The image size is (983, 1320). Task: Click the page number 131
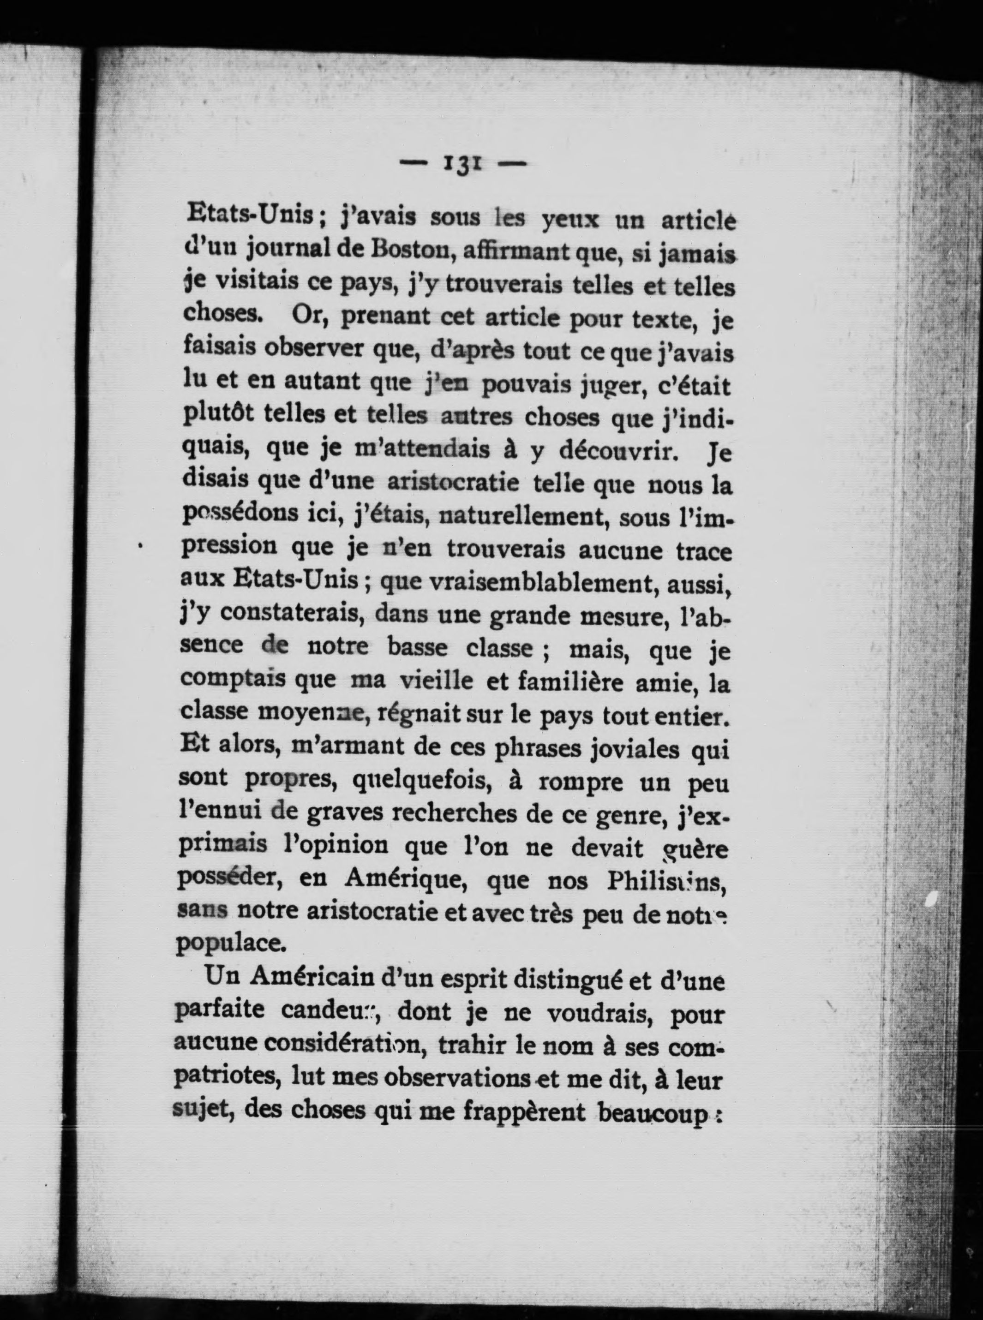(x=463, y=163)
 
